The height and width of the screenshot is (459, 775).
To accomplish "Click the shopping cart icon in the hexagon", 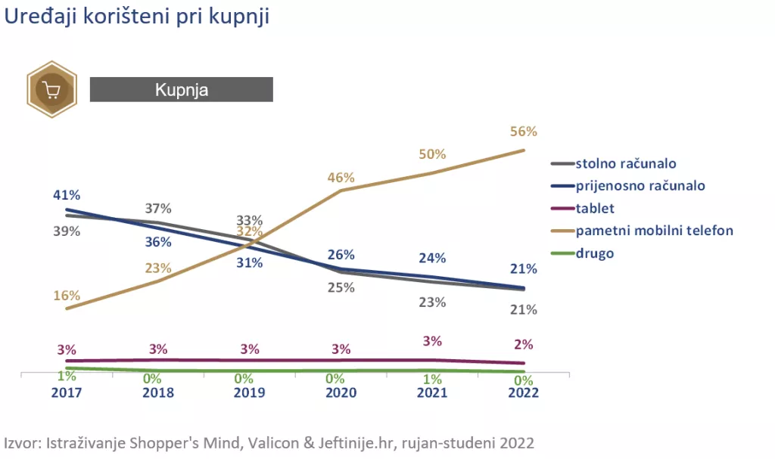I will pos(51,90).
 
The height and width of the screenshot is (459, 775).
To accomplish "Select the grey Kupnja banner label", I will pos(181,89).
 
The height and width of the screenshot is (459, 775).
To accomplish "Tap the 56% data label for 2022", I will pos(523,132).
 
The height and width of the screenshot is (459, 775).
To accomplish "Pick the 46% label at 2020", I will pos(341,178).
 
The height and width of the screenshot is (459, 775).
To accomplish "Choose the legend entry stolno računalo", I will pos(625,163).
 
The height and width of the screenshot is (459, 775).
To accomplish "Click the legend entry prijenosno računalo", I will pos(640,185).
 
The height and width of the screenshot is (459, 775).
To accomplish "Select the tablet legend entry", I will pos(595,208).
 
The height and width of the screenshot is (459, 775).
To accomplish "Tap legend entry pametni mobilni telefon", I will pos(654,230).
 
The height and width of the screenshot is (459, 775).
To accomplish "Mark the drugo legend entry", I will pos(595,253).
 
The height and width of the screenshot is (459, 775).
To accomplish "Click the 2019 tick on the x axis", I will pos(249,392).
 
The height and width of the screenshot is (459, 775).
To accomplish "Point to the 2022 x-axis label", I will pos(523,392).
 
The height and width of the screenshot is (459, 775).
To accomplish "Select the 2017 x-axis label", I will pos(67,392).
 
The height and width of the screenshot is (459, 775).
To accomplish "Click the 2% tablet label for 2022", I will pos(523,344).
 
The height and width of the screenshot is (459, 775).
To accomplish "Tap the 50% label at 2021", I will pos(432,154).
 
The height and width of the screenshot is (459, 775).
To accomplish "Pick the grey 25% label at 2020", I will pos(341,287).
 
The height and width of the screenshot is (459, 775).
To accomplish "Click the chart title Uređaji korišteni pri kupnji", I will pos(137,17).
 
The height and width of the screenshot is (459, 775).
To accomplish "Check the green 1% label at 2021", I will pos(432,378).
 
